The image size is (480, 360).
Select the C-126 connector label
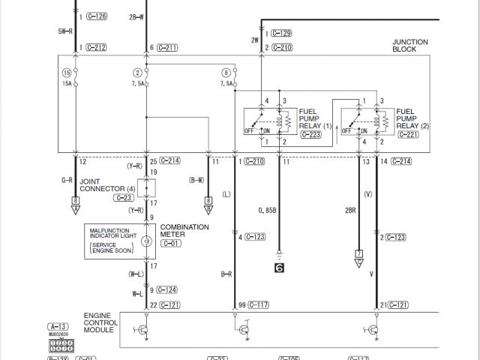pos(96,16)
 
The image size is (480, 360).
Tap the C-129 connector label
pos(281,34)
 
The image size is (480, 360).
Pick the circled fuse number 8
pos(226,72)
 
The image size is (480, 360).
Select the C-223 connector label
pos(310,135)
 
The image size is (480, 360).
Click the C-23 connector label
pos(124,198)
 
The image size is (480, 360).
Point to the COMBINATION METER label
pos(184,230)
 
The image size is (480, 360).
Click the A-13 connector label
pos(58,327)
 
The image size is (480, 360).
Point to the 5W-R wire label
pos(64,31)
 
